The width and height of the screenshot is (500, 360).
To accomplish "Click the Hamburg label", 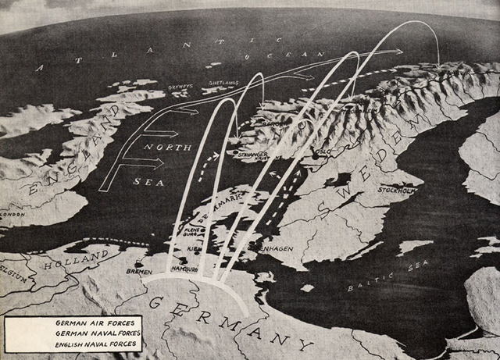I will [183, 270].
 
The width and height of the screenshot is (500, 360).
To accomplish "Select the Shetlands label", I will [221, 80].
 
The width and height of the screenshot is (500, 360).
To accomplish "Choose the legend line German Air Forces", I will [87, 322].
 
